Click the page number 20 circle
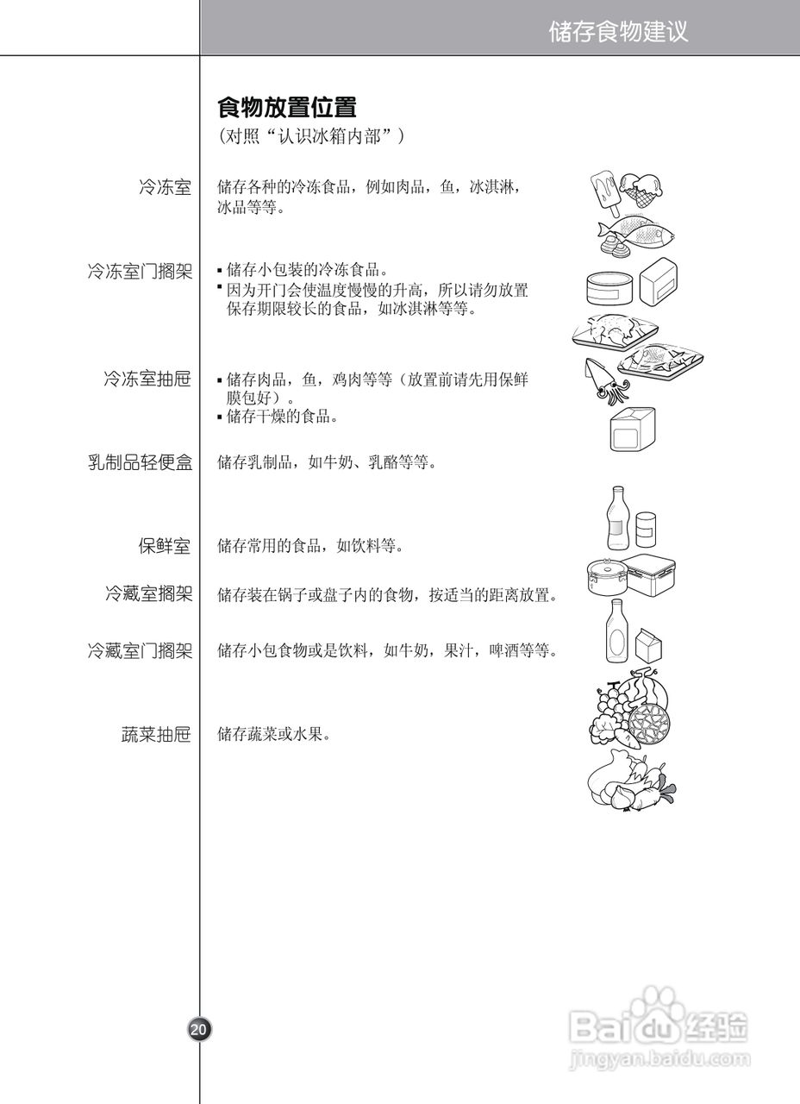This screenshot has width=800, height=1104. click(x=198, y=1029)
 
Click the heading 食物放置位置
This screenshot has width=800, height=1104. click(x=287, y=108)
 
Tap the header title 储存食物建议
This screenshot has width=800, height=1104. click(x=619, y=32)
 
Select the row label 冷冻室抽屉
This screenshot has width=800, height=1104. click(x=147, y=379)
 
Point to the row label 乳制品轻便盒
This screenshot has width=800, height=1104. click(x=140, y=462)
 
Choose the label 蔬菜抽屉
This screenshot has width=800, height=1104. click(x=156, y=735)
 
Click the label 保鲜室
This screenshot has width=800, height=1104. click(x=165, y=546)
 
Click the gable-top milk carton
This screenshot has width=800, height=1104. click(x=647, y=644)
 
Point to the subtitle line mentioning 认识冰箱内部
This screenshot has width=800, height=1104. click(x=311, y=136)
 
